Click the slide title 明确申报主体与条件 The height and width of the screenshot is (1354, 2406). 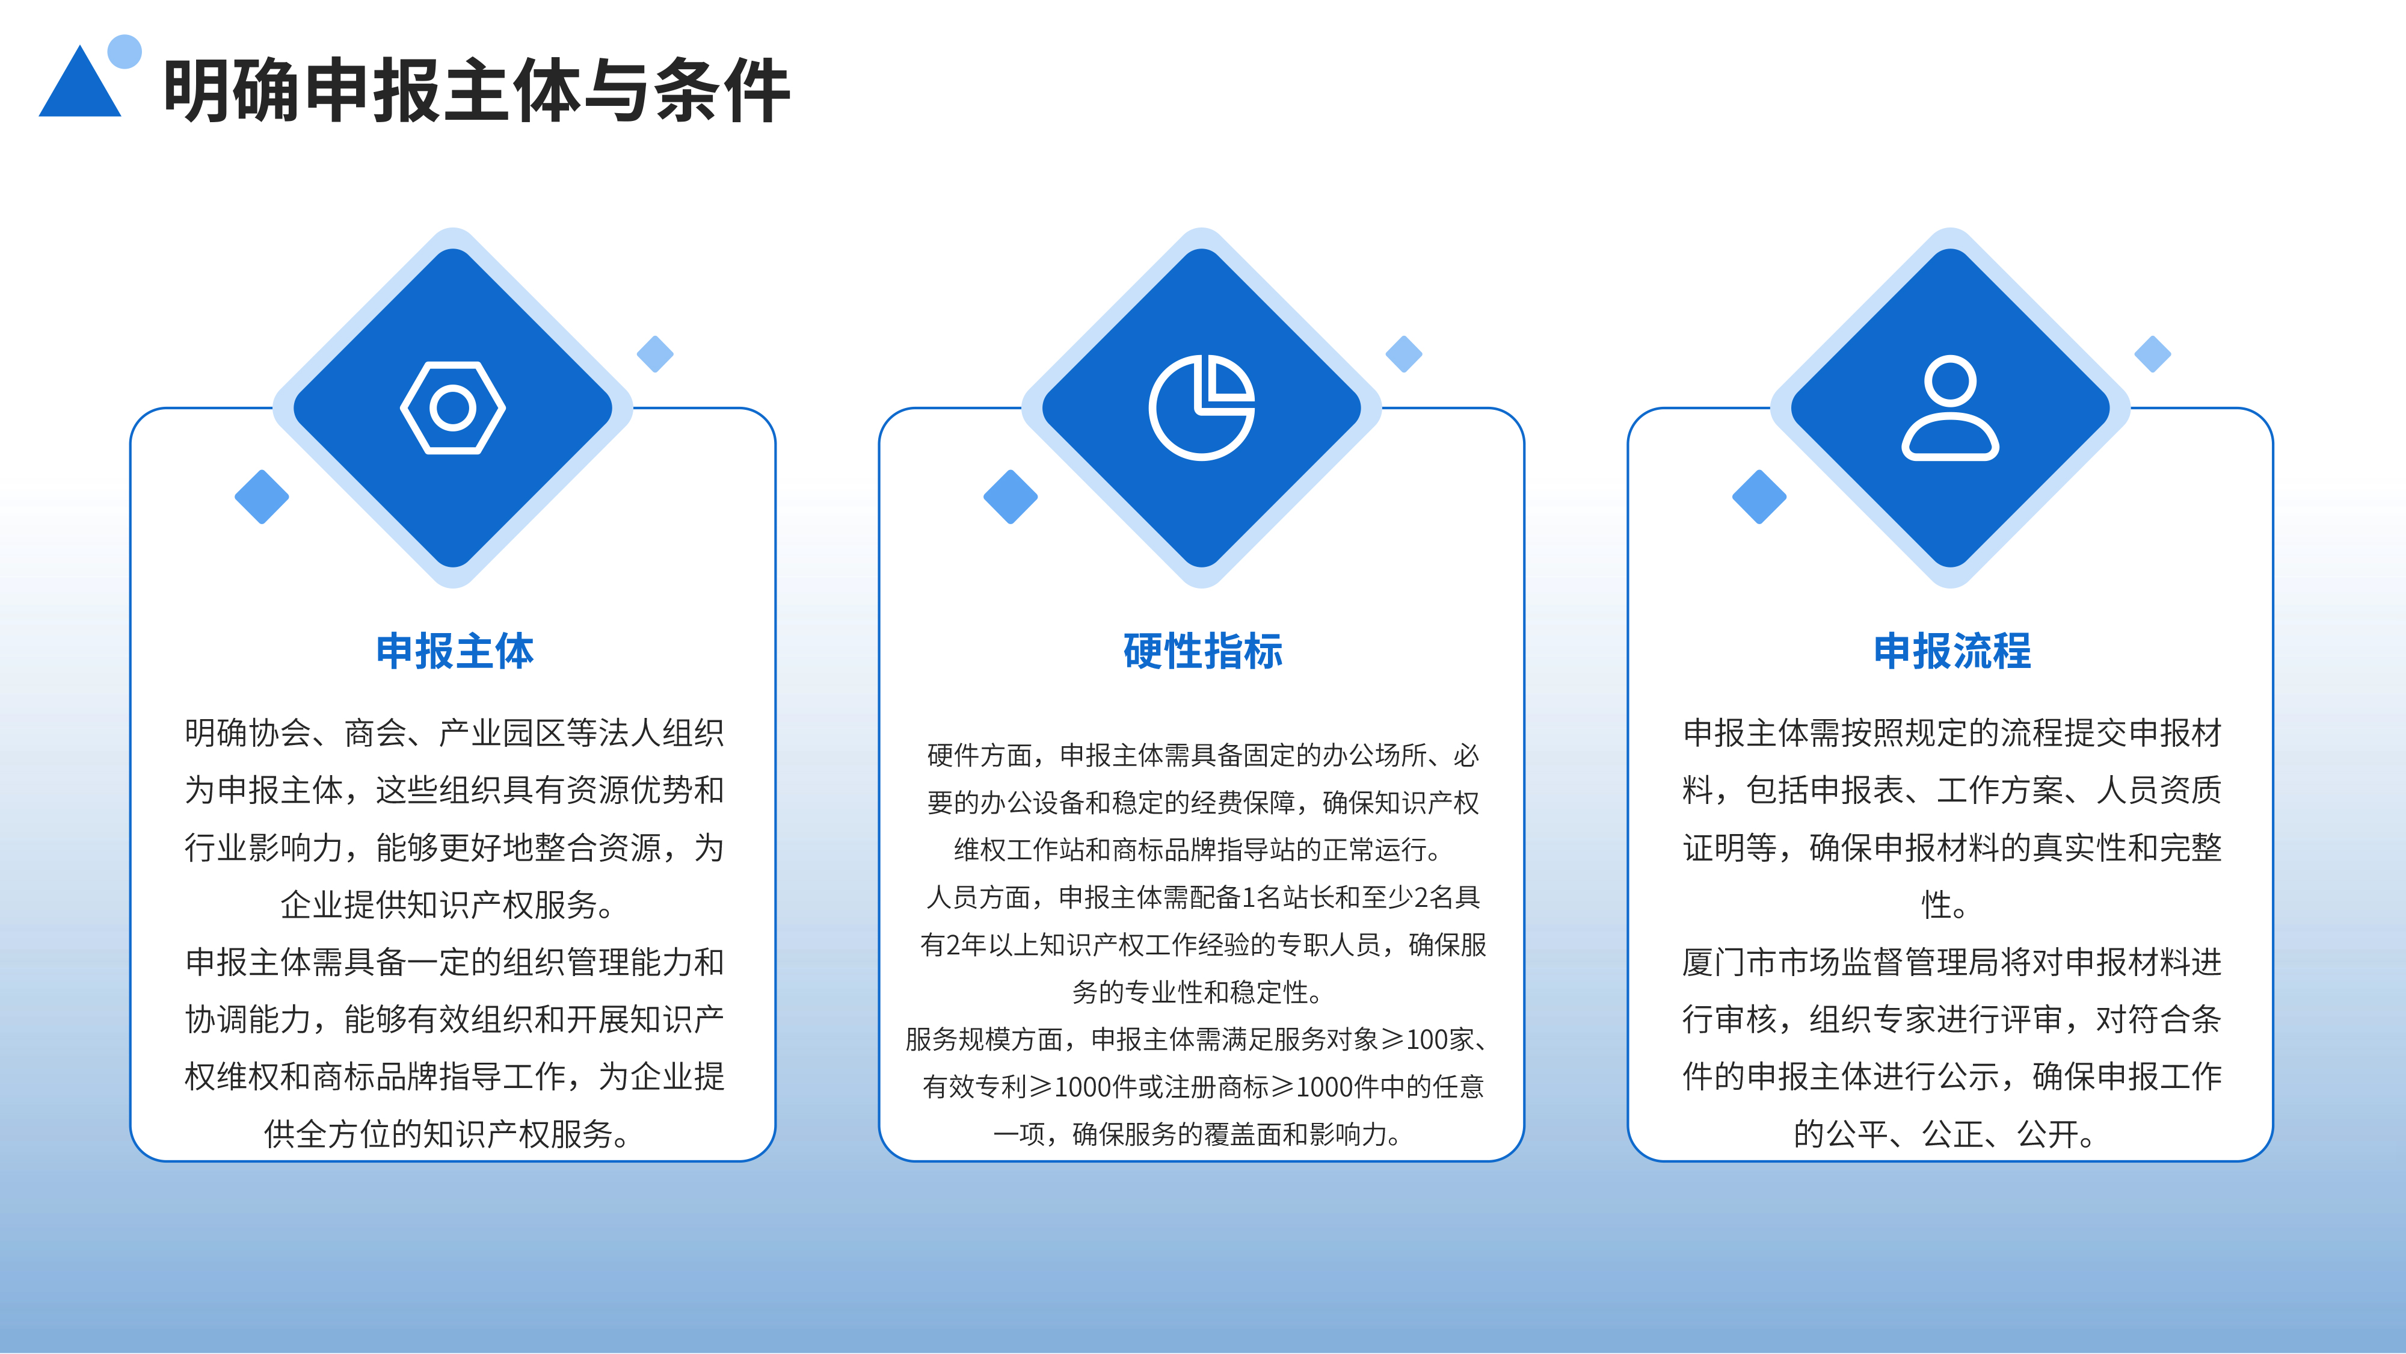(x=477, y=91)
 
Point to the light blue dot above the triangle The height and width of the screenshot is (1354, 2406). (x=125, y=51)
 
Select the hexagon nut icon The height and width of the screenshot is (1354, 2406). (x=453, y=407)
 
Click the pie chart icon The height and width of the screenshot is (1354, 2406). (x=1202, y=407)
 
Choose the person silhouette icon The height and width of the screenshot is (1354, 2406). (x=1950, y=407)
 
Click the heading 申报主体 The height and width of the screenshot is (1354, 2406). (x=454, y=651)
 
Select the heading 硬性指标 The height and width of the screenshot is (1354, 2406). (x=1203, y=651)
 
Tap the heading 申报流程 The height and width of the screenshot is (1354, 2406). (x=1952, y=651)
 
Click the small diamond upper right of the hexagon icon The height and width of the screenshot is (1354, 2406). (x=655, y=354)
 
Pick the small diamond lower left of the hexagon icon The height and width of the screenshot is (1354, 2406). (x=262, y=496)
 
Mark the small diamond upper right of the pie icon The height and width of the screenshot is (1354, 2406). (x=1404, y=354)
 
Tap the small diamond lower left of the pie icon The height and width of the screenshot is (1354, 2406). (x=1011, y=496)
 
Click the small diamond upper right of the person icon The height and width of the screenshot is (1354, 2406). (x=2153, y=354)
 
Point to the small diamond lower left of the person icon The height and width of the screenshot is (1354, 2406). (x=1759, y=496)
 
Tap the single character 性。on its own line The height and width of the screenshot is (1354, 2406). (x=1945, y=904)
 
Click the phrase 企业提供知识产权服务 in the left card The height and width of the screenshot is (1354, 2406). (x=438, y=904)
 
